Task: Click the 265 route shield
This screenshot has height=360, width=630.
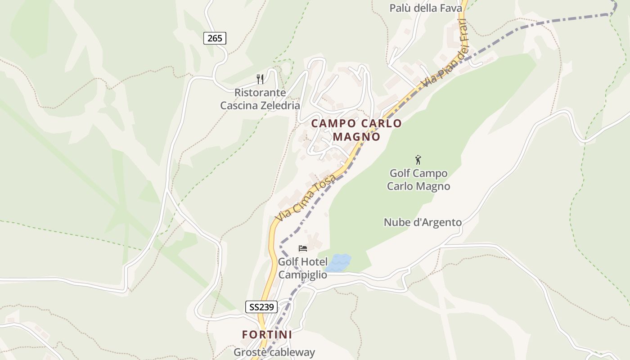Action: (215, 38)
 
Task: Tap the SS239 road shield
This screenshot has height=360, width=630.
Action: (261, 307)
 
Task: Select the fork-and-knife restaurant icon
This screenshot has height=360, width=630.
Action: (260, 79)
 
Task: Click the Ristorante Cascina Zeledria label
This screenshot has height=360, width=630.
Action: (260, 99)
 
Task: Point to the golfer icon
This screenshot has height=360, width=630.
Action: (418, 160)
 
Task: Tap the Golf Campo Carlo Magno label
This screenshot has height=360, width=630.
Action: (418, 180)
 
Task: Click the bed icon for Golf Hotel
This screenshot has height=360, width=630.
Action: (303, 248)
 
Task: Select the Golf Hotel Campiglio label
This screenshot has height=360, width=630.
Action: (302, 268)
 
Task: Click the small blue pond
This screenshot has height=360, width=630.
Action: (338, 263)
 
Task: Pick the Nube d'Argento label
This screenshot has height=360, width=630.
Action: (423, 222)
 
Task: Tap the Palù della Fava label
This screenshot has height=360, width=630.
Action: (426, 8)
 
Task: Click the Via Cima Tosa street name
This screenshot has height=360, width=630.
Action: (306, 198)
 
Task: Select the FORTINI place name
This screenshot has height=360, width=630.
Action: (267, 335)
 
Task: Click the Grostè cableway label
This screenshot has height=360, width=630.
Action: (274, 352)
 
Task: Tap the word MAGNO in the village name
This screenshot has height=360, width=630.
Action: (356, 136)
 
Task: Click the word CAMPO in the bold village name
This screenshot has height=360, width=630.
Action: (333, 123)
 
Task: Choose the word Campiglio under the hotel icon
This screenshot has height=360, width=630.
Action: (302, 274)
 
